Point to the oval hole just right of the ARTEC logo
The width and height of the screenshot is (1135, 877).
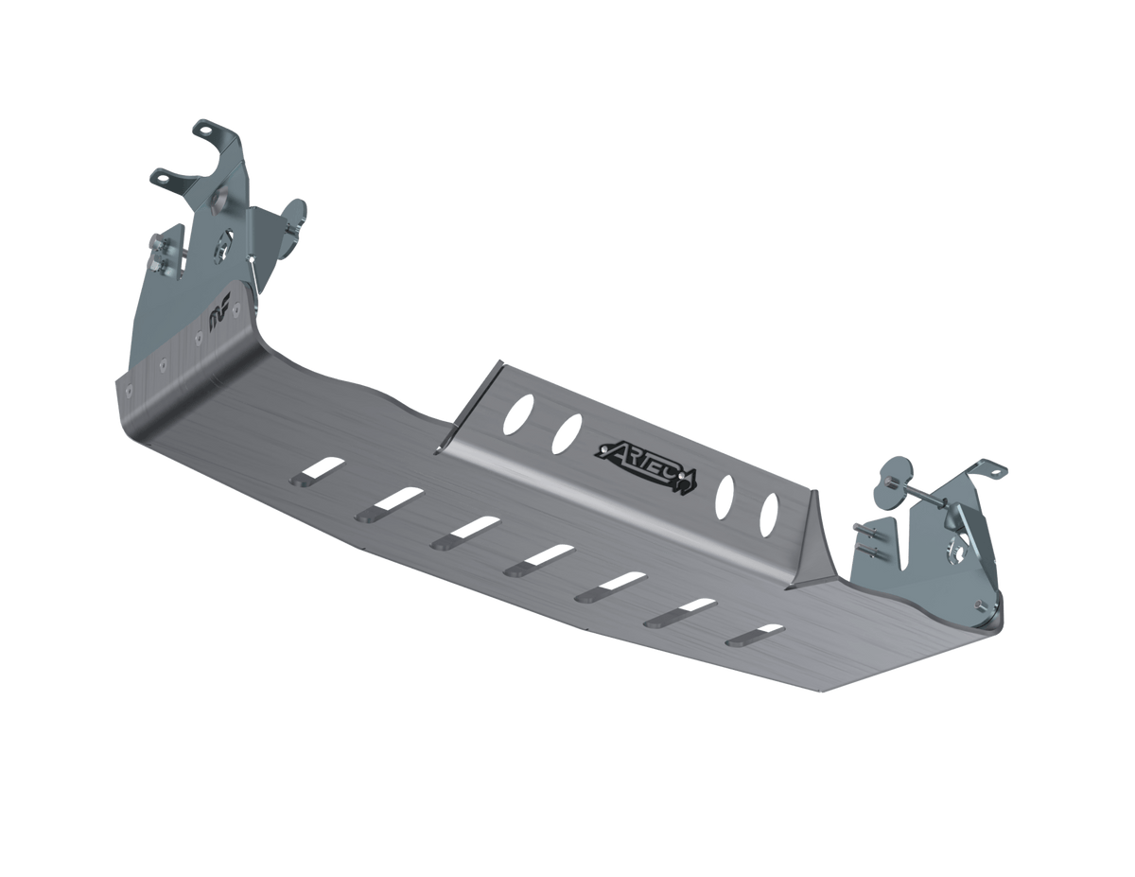click(x=728, y=493)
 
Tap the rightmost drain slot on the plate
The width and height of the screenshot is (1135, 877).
click(x=756, y=635)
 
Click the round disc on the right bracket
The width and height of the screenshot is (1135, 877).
click(x=892, y=476)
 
